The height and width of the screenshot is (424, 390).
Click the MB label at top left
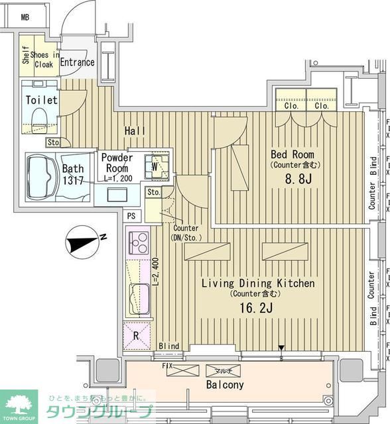tap(25, 17)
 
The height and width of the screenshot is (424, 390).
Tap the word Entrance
tap(77, 63)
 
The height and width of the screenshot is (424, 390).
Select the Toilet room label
tap(41, 100)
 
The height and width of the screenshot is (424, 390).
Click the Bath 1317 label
tap(74, 175)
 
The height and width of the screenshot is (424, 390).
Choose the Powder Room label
tap(117, 164)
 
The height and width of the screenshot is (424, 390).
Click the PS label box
tap(131, 215)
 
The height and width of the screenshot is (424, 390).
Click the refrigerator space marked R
tap(137, 335)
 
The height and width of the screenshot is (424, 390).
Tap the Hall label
tap(135, 131)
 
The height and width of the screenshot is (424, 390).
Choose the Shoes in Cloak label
tap(44, 60)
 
